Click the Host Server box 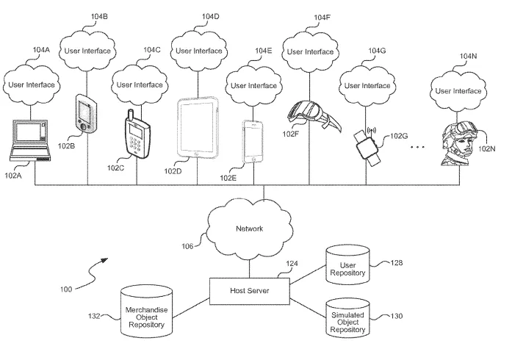(x=250, y=291)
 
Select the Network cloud (x=250, y=228)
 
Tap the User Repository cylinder (x=347, y=265)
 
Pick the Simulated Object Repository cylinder (x=347, y=318)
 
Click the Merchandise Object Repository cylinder (x=147, y=312)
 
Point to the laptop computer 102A (x=30, y=140)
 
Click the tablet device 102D (x=198, y=127)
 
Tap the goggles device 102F (x=314, y=115)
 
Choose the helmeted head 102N (x=459, y=143)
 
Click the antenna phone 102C (x=137, y=134)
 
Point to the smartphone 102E (x=253, y=142)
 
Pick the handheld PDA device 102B (x=86, y=113)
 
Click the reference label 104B (x=99, y=16)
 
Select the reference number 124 (x=292, y=264)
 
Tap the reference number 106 (x=187, y=246)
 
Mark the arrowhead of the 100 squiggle (x=104, y=260)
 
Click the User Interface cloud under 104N (x=458, y=91)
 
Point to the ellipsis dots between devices (x=418, y=147)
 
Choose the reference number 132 (x=94, y=316)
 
